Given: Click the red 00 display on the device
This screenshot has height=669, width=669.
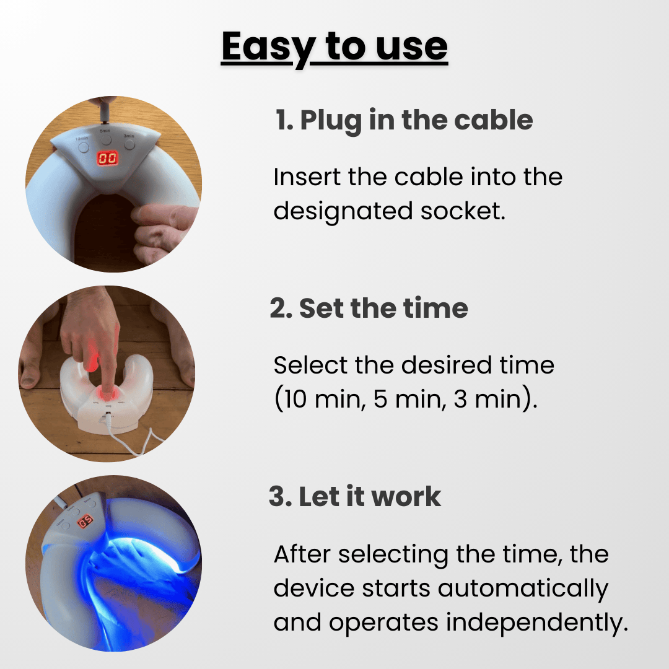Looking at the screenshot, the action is click(108, 159).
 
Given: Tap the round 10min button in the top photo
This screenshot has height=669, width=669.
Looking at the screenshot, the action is click(84, 147).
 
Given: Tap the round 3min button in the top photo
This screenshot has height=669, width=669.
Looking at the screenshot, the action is click(129, 144).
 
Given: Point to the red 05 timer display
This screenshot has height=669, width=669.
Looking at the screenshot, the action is click(85, 522).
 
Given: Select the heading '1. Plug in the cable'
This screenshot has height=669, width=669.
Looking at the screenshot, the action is click(404, 121).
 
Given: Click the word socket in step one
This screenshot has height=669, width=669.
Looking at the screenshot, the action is click(463, 211).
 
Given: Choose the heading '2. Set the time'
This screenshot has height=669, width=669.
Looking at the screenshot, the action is click(369, 308).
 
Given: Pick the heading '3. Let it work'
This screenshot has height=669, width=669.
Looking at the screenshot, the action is click(355, 497).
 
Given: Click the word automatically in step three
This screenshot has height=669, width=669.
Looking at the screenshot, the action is click(523, 589).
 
